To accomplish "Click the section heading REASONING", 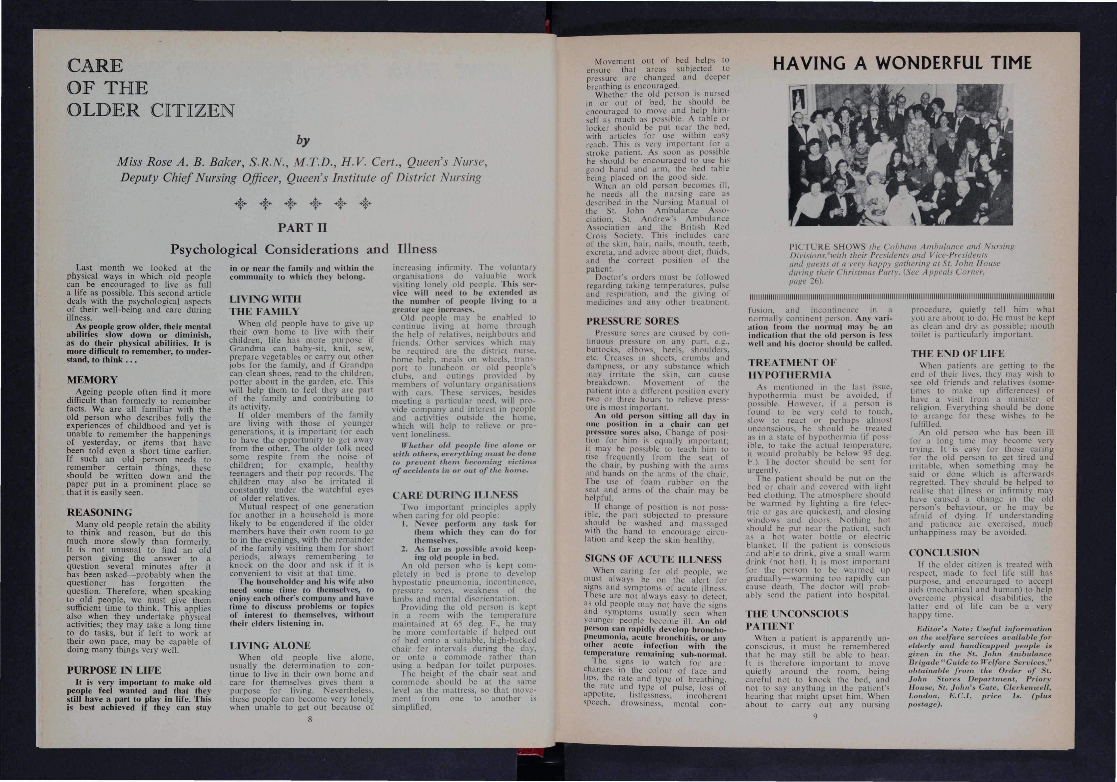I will pos(99,512).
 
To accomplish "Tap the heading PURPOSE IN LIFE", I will pos(114,670).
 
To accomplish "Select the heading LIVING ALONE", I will pos(270,645).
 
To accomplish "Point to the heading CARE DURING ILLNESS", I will pos(455,495).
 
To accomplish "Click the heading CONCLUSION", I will pos(943,553).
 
